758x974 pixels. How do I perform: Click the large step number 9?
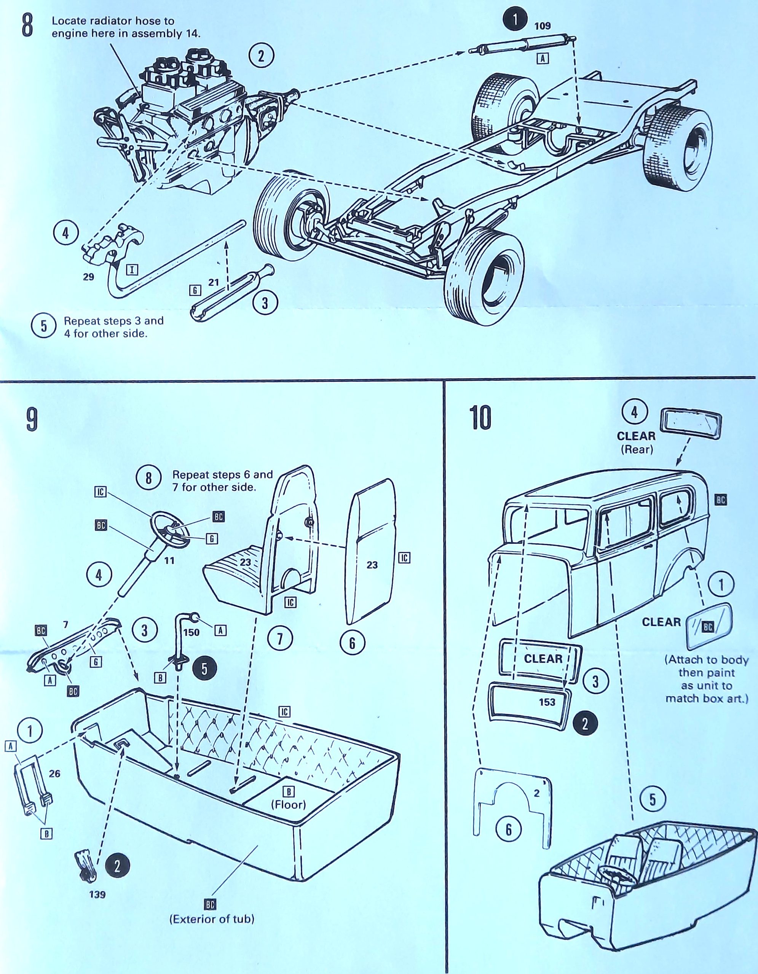[31, 419]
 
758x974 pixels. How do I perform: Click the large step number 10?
[480, 418]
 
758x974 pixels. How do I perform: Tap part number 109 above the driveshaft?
[543, 26]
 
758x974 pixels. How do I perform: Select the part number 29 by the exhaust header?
[88, 277]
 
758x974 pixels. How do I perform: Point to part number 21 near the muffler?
[214, 282]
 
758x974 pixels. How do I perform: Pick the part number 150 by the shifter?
[191, 632]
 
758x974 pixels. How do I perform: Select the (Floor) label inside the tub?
[289, 805]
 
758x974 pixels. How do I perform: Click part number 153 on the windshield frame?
[547, 702]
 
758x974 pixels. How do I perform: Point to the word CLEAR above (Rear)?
[636, 436]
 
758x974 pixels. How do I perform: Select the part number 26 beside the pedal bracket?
[54, 773]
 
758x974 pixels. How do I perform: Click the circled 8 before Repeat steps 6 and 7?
[148, 479]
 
